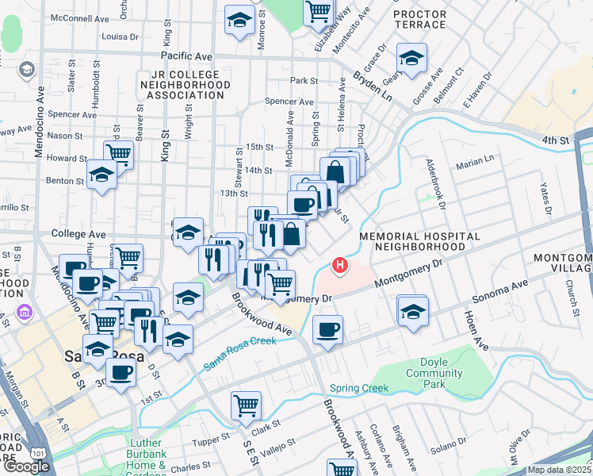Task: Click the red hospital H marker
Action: click(340, 265)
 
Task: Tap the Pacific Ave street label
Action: click(186, 56)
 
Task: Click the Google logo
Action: click(26, 466)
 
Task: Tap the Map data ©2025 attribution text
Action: click(559, 470)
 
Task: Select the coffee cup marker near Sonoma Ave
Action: click(327, 329)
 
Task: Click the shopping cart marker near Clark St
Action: click(246, 405)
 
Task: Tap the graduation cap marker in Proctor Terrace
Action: click(411, 58)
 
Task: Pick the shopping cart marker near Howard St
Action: click(118, 152)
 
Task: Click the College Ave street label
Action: click(78, 235)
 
